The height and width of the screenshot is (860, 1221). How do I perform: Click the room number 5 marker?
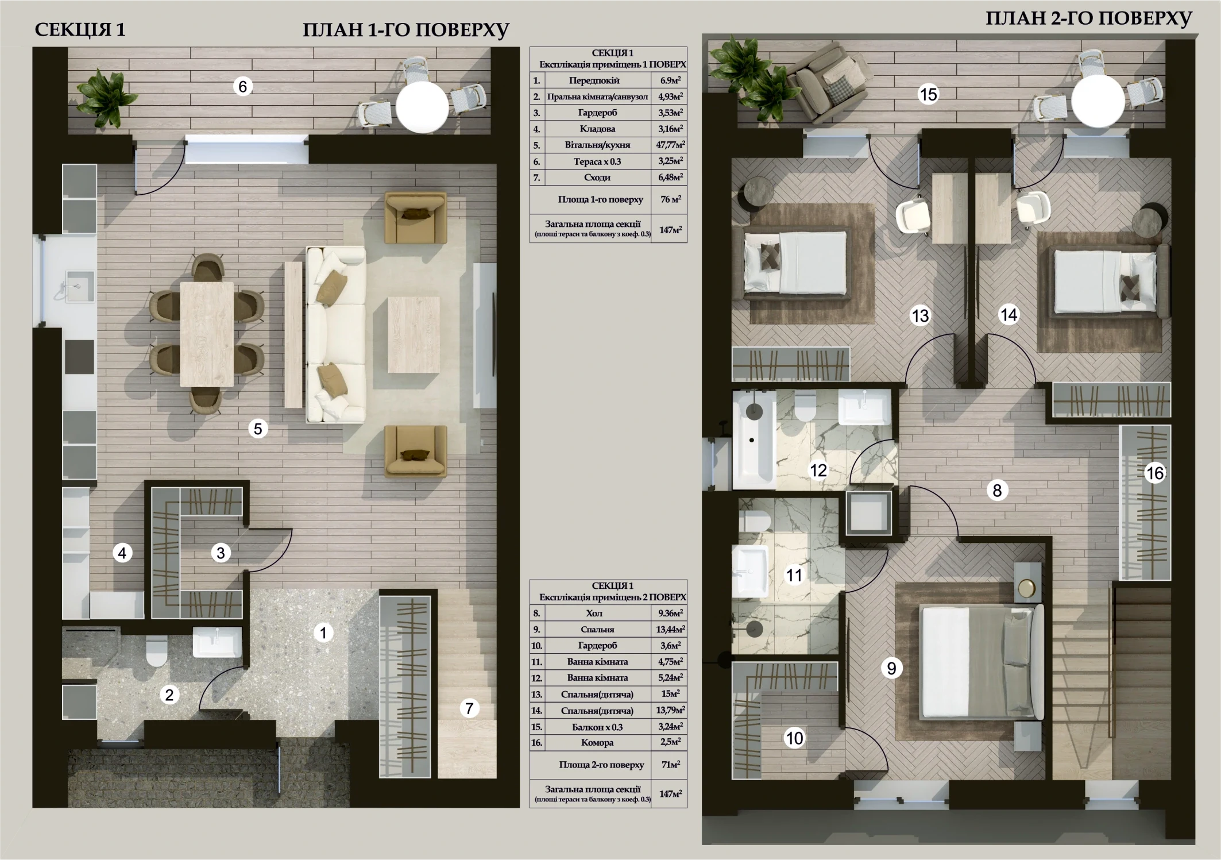(258, 429)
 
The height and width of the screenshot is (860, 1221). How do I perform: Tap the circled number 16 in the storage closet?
(1155, 473)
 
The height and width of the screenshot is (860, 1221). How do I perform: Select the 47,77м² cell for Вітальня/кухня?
(670, 145)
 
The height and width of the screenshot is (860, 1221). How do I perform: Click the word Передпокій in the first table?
(597, 80)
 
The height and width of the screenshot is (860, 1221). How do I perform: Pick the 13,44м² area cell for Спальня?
(670, 629)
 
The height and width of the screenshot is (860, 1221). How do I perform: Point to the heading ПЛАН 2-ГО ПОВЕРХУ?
(1089, 18)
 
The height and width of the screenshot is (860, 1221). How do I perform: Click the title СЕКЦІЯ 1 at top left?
(80, 30)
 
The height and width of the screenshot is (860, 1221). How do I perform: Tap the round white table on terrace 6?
(422, 107)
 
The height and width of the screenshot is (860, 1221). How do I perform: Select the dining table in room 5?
(207, 334)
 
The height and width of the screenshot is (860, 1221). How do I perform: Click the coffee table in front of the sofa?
(414, 334)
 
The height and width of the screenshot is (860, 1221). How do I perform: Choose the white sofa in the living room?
(336, 335)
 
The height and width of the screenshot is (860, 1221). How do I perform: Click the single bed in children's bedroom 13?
(795, 261)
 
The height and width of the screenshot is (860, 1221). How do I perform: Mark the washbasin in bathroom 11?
(750, 571)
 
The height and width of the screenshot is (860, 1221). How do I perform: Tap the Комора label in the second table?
(597, 742)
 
